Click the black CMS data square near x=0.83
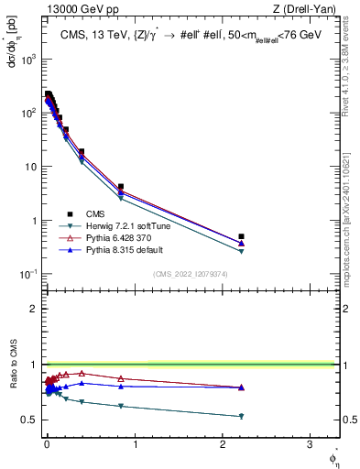121,187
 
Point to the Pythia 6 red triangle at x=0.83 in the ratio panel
121,378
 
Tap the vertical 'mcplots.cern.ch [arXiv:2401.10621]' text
350,220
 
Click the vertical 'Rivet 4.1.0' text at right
350,64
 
